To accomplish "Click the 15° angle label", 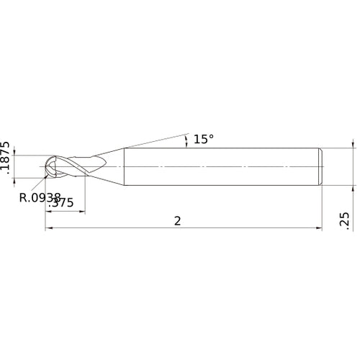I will coord(204,139).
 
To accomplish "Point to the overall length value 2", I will coord(178,221).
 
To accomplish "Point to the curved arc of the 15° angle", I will coord(186,140).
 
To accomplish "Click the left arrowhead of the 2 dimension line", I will coord(48,229).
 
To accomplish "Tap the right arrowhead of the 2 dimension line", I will coord(319,229).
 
